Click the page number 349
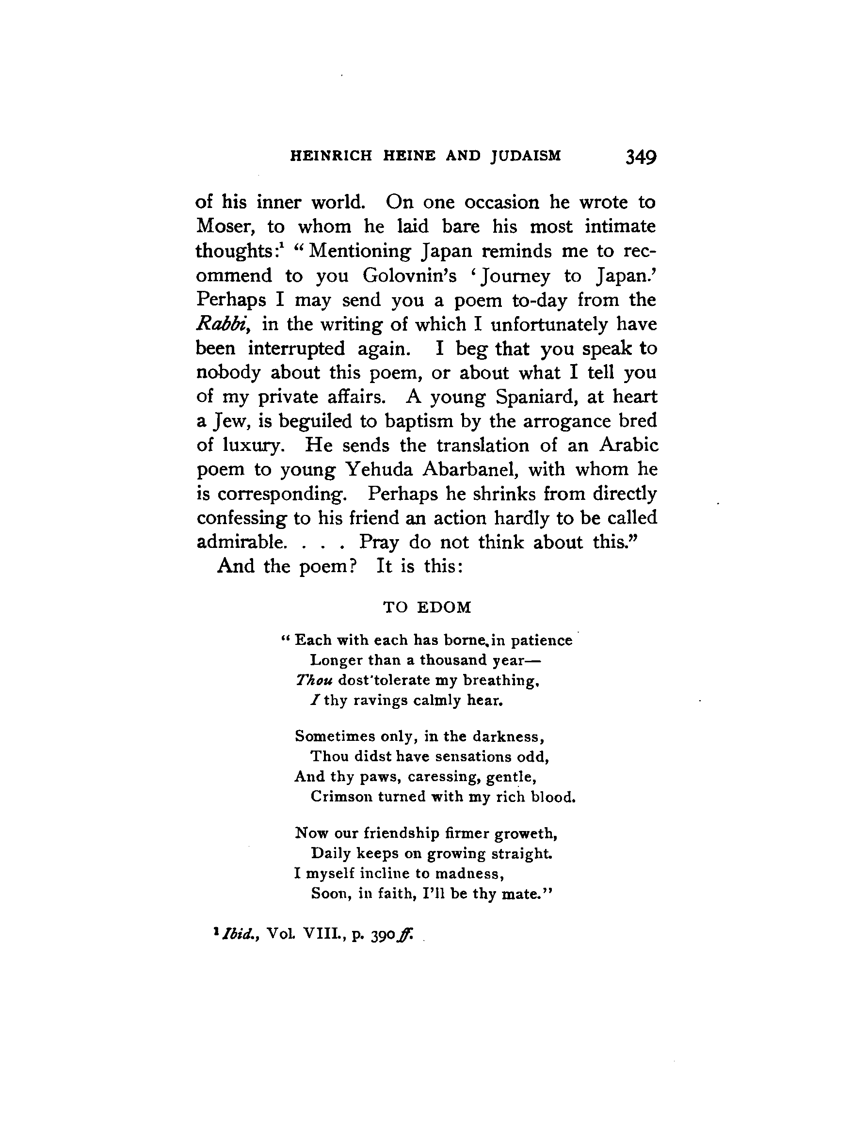click(641, 157)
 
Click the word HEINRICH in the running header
click(331, 156)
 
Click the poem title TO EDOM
click(427, 608)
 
